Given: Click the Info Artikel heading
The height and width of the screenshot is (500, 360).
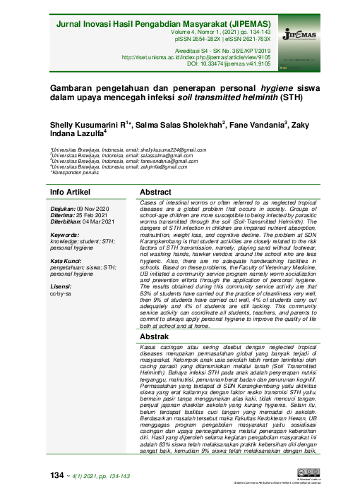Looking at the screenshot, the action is coord(70,193).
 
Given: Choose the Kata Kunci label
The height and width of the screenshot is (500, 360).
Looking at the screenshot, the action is coord(68,260).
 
